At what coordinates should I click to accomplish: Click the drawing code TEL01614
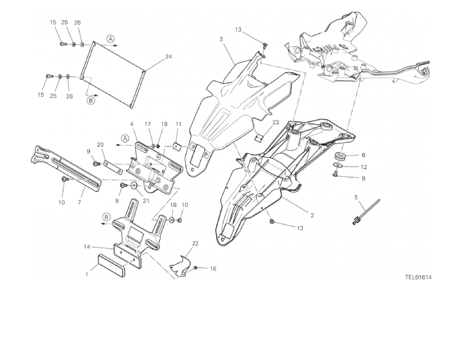(x=418, y=277)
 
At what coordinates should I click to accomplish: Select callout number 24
(x=169, y=57)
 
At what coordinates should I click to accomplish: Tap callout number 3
(x=221, y=40)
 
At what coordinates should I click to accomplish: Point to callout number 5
(x=356, y=197)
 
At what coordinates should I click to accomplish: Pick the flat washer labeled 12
(x=337, y=165)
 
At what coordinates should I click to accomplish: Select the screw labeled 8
(x=335, y=173)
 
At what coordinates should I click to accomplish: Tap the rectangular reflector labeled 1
(x=111, y=265)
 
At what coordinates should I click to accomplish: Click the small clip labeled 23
(x=259, y=138)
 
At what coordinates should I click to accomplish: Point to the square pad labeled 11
(x=177, y=147)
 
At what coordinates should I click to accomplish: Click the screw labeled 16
(x=196, y=268)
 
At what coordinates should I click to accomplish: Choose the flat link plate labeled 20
(x=114, y=168)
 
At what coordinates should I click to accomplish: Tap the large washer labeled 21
(x=134, y=186)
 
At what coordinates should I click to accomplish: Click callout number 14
(x=87, y=246)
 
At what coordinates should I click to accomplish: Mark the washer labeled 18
(x=171, y=220)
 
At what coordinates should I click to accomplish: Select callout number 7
(x=80, y=202)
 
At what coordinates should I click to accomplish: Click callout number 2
(x=312, y=216)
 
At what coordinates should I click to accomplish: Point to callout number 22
(x=196, y=244)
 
